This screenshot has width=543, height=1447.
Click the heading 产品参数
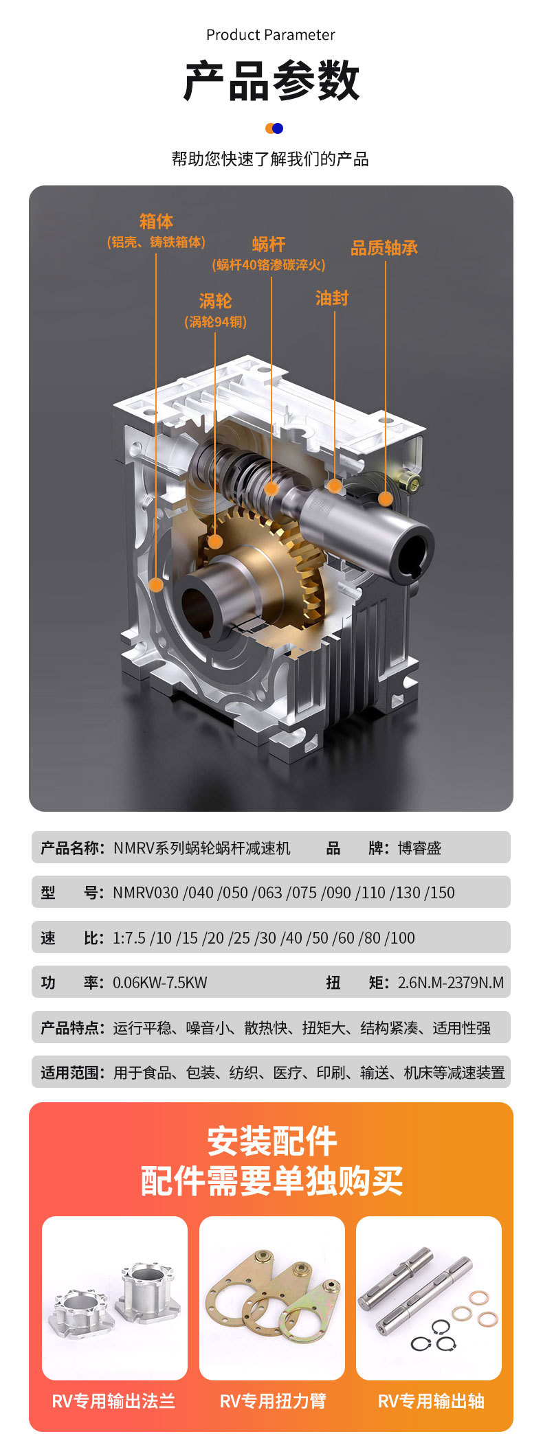(x=271, y=81)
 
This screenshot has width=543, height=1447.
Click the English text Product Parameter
(x=271, y=35)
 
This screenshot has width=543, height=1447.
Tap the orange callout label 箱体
(x=156, y=221)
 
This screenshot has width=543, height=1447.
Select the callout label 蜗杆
(x=269, y=244)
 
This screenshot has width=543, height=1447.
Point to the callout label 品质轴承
(x=384, y=248)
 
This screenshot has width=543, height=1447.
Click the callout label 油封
(x=332, y=298)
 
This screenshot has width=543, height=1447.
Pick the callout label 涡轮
(x=215, y=301)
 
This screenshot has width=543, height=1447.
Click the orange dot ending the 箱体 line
(x=156, y=585)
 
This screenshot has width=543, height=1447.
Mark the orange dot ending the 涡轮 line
(x=215, y=541)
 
